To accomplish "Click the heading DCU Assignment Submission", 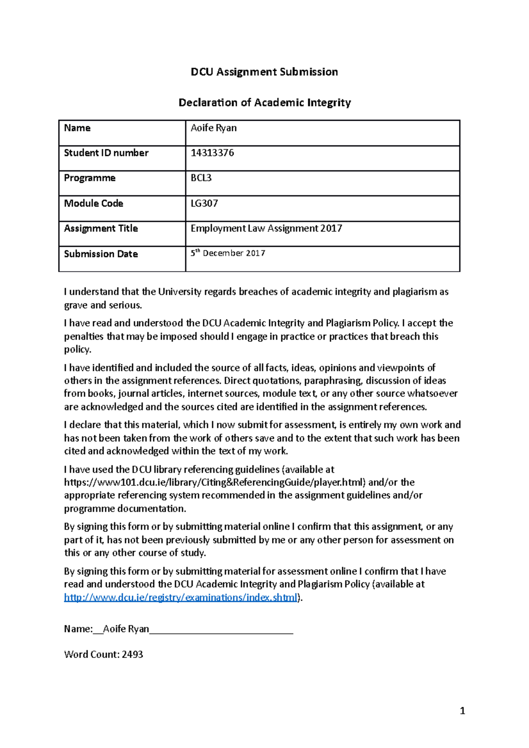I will [264, 72].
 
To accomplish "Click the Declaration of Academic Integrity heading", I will [264, 103].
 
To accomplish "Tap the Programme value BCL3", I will [201, 178].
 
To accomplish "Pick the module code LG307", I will [204, 204].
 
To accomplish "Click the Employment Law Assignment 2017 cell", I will [266, 228].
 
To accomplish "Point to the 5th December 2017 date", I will [227, 253].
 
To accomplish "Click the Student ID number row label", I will [106, 153].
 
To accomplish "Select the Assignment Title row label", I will [101, 228].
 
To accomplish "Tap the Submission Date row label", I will [101, 254].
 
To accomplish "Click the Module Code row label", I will [93, 204].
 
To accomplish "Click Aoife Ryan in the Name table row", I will [213, 128].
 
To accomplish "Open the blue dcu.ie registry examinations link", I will [180, 597].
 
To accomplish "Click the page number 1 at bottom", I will [462, 711].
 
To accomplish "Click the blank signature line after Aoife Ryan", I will [221, 630].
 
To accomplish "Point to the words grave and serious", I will [103, 305].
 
